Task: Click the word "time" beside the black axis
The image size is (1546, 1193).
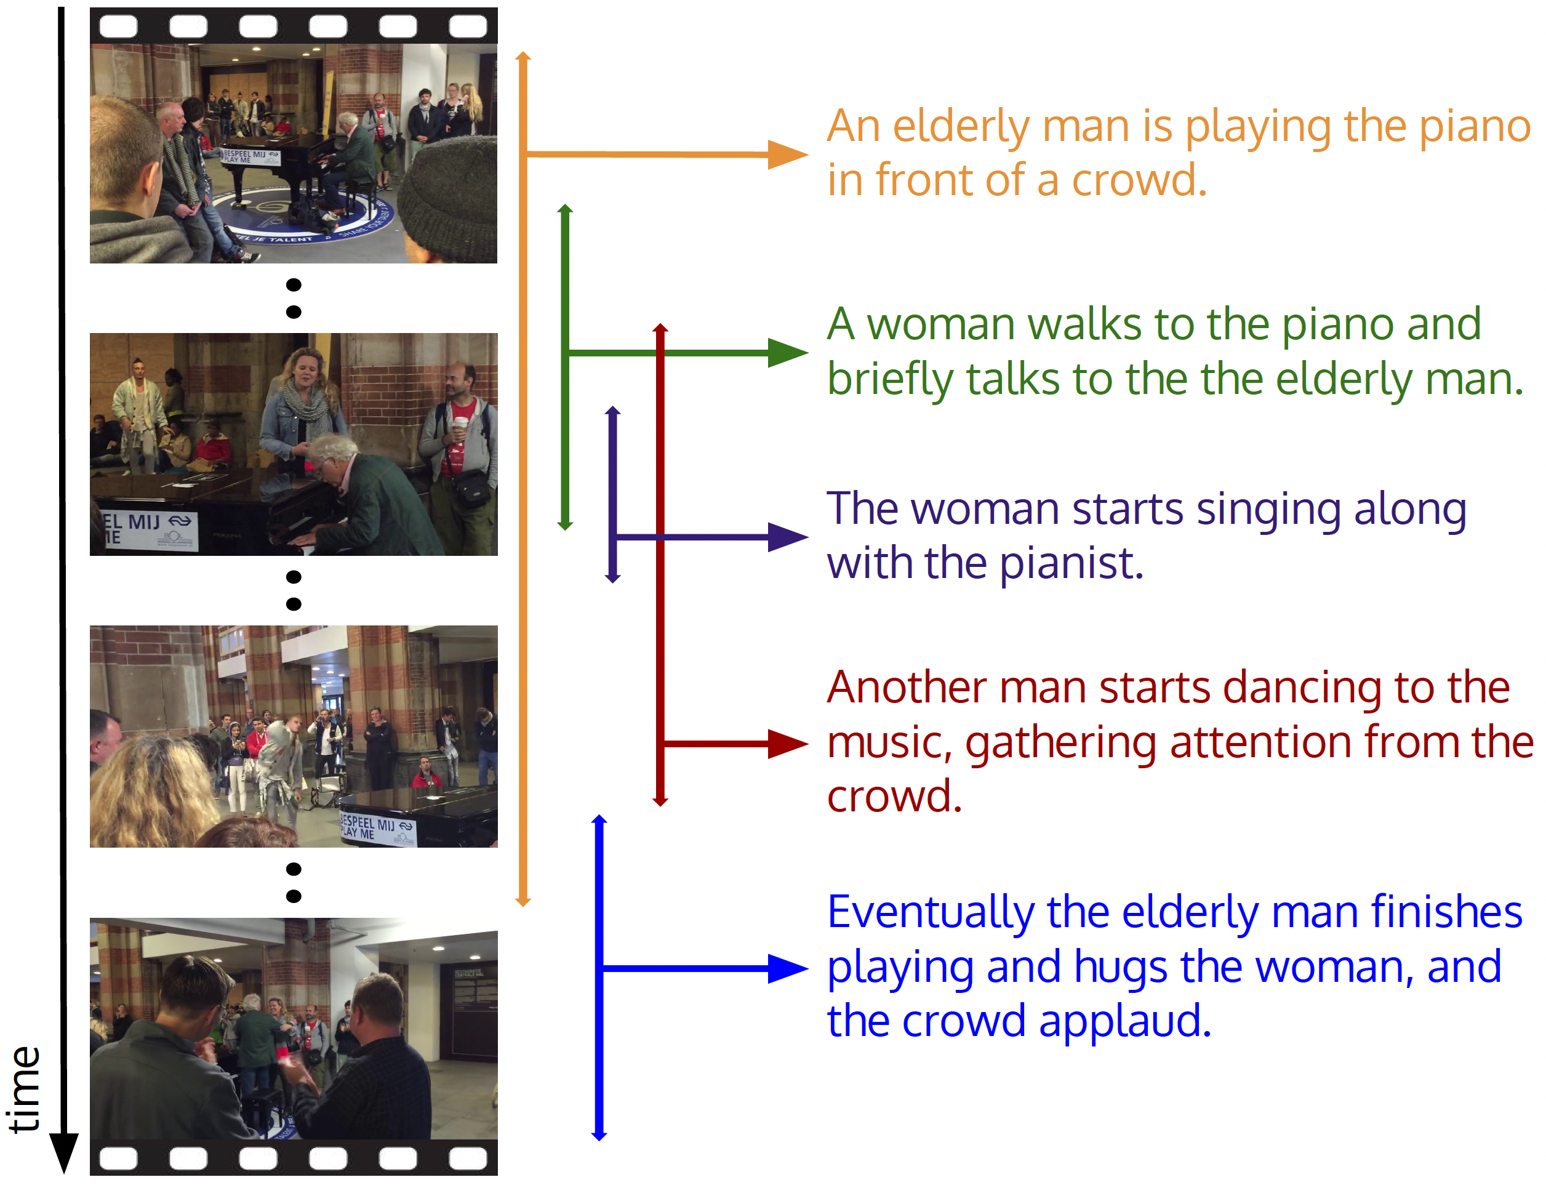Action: pyautogui.click(x=25, y=1089)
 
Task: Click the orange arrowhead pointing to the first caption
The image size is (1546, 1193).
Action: pyautogui.click(x=788, y=155)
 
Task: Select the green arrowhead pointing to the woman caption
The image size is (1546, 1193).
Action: pyautogui.click(x=788, y=353)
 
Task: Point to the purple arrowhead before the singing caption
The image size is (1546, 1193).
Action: pyautogui.click(x=788, y=537)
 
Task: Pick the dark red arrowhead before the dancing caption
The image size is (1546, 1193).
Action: pyautogui.click(x=788, y=744)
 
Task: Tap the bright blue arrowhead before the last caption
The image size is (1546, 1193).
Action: pyautogui.click(x=788, y=968)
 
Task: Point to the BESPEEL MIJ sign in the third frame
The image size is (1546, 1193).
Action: pyautogui.click(x=377, y=827)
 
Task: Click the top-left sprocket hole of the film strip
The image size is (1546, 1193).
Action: pyautogui.click(x=118, y=26)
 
